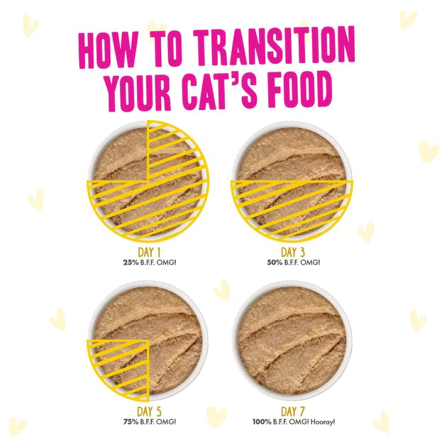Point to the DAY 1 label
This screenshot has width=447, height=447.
[x=148, y=252]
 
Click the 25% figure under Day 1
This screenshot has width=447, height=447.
[x=129, y=262]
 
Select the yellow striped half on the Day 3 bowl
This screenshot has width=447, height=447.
[x=292, y=206]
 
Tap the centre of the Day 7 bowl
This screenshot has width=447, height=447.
[x=292, y=339]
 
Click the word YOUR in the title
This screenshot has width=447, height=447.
[x=138, y=90]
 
